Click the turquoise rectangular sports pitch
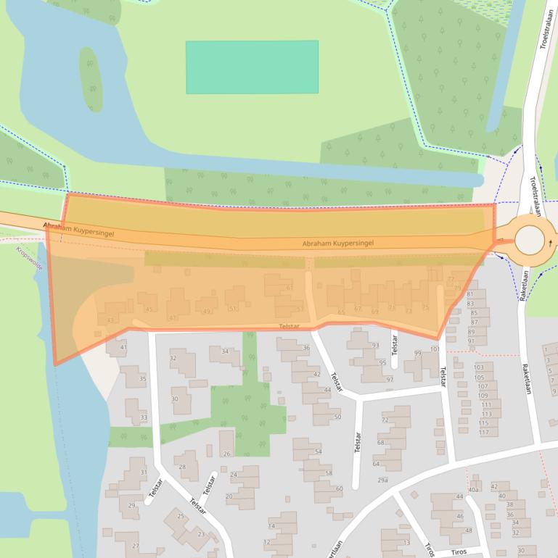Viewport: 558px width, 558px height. (252, 67)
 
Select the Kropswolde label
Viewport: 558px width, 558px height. (29, 258)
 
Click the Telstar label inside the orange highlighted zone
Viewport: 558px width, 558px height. (289, 326)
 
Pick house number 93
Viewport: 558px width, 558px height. (376, 345)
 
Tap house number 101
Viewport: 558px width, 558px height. (435, 349)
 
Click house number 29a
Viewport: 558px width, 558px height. (382, 480)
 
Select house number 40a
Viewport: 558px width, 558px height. (474, 490)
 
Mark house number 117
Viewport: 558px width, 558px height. (484, 433)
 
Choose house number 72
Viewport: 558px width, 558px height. (385, 420)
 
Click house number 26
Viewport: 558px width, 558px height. (227, 454)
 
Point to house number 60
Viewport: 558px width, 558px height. (339, 488)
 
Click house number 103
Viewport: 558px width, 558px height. (479, 367)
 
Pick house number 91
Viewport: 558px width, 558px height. (472, 341)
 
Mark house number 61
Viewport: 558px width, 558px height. (290, 288)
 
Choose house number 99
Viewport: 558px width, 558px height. (417, 353)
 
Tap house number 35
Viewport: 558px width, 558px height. (143, 379)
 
